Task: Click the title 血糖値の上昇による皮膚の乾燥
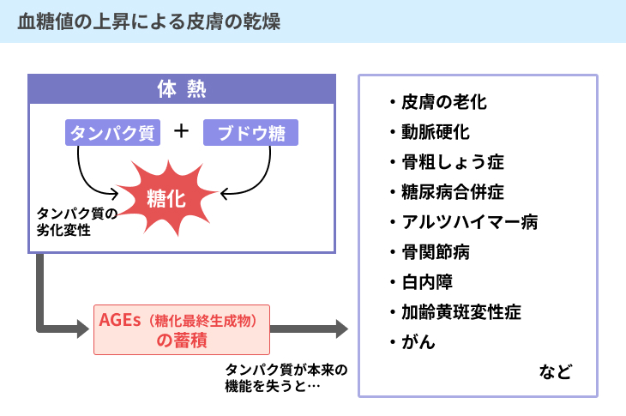149,21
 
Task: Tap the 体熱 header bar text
182,89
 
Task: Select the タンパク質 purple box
112,133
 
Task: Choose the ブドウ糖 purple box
250,133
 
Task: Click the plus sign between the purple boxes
181,131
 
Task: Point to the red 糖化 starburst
167,197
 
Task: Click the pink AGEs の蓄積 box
182,329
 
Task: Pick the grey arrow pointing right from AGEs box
309,329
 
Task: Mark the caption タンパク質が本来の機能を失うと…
286,377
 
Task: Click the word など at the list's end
556,371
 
